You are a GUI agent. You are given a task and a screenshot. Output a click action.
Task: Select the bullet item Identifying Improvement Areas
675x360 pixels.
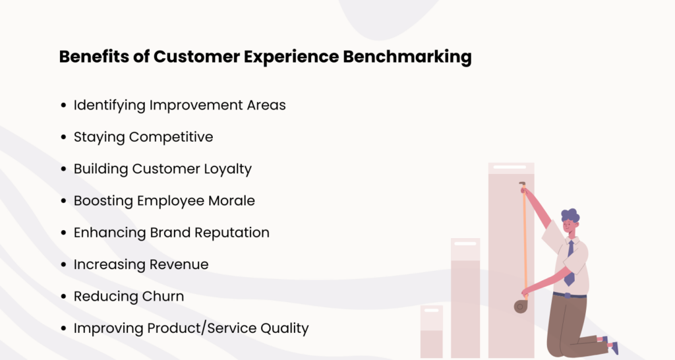point(179,105)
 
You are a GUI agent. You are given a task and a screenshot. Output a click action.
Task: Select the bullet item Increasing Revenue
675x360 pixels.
point(140,264)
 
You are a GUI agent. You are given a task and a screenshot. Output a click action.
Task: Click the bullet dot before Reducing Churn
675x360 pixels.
point(63,297)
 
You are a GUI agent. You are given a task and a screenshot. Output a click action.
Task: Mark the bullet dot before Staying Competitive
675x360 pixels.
point(63,138)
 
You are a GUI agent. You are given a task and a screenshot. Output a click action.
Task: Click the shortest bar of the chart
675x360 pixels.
point(432,333)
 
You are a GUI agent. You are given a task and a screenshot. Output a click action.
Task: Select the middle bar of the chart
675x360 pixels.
point(465,300)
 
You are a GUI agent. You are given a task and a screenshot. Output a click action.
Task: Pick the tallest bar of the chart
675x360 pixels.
point(511,264)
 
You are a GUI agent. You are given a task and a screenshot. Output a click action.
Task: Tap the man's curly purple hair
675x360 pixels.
point(570,216)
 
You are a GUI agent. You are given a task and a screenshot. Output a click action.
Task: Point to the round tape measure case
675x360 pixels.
point(520,305)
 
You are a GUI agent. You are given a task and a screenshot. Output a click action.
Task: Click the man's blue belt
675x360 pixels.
point(570,295)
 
